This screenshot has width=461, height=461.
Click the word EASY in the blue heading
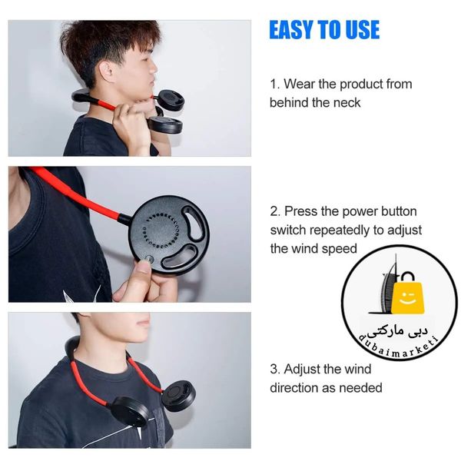(x=292, y=30)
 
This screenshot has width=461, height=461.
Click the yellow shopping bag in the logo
(x=407, y=296)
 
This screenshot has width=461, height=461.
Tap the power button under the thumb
(x=149, y=259)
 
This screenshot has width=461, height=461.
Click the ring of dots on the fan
(x=161, y=230)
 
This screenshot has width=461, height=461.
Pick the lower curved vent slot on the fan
(x=180, y=255)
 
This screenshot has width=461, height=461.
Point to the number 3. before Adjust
(x=275, y=370)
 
